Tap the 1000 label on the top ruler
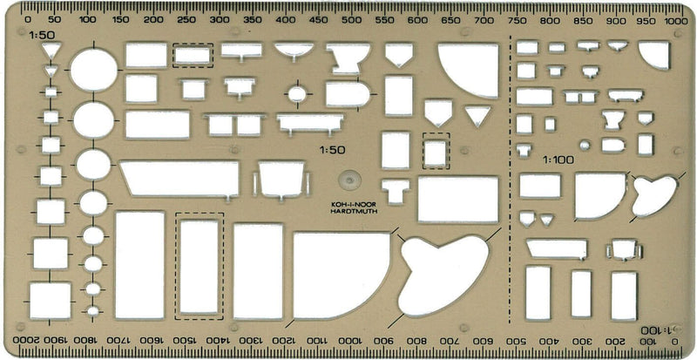[676, 20]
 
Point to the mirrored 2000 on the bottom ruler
[24, 340]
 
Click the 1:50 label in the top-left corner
[42, 35]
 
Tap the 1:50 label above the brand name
[332, 150]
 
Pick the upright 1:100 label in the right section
[558, 160]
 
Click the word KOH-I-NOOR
[354, 205]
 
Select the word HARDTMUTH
[354, 211]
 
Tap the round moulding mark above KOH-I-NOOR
[350, 180]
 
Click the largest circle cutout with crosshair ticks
[94, 70]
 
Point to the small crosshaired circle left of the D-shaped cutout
[297, 94]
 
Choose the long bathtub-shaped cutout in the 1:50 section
[179, 179]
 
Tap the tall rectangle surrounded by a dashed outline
[200, 266]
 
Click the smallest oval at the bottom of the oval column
[93, 310]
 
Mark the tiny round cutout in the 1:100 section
[585, 145]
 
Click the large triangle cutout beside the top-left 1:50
[51, 50]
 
